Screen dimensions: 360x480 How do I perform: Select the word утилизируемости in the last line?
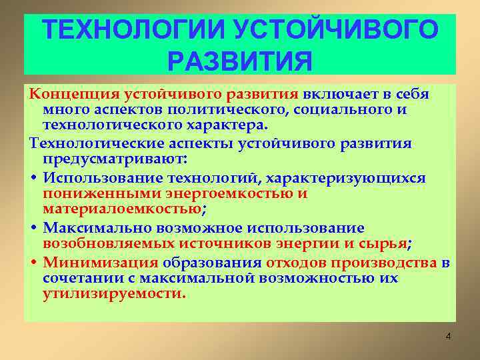(113, 294)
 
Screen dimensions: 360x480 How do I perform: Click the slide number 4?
(448, 336)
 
